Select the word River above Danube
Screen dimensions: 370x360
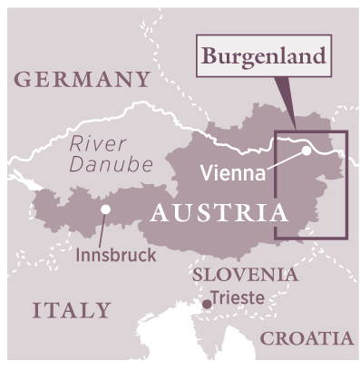click(97, 144)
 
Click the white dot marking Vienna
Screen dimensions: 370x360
click(307, 151)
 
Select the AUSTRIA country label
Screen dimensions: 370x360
click(218, 214)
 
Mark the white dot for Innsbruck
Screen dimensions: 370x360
click(105, 209)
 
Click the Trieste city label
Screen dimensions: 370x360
click(238, 297)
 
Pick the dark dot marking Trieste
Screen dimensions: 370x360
click(207, 305)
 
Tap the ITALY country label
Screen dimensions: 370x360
click(72, 311)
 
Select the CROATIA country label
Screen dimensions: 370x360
click(306, 339)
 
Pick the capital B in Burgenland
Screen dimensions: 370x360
click(209, 56)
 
